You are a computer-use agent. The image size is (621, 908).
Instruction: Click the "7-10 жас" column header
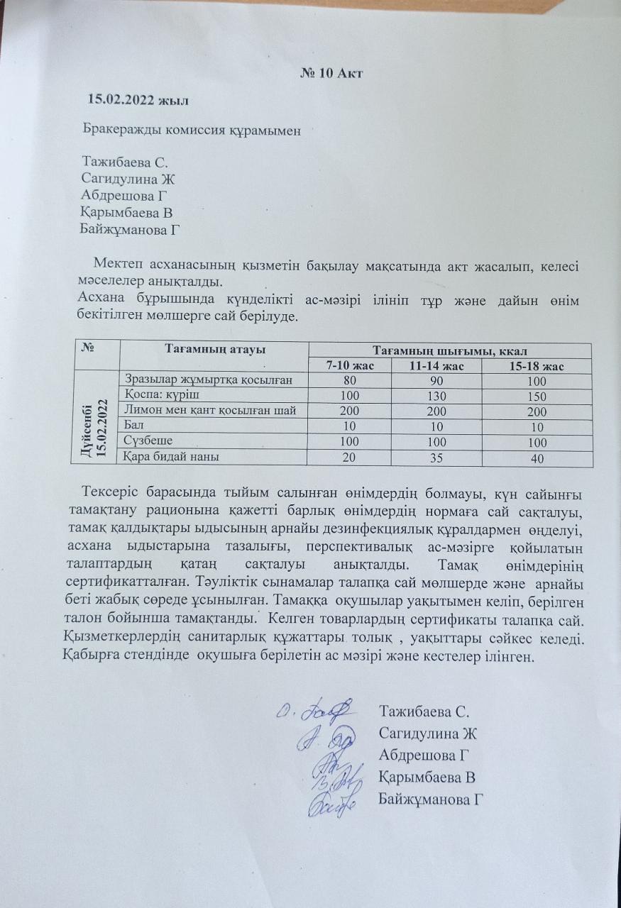pyautogui.click(x=350, y=365)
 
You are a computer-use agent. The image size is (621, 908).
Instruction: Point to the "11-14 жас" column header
pyautogui.click(x=436, y=366)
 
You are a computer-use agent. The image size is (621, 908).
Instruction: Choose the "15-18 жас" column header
pyautogui.click(x=537, y=366)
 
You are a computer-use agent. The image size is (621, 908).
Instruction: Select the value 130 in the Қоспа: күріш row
pyautogui.click(x=436, y=395)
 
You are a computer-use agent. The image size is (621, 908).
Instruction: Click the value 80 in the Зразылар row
pyautogui.click(x=350, y=380)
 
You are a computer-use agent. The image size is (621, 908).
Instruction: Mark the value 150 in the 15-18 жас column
pyautogui.click(x=537, y=395)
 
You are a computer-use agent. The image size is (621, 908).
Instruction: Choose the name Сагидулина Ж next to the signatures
pyautogui.click(x=427, y=733)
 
